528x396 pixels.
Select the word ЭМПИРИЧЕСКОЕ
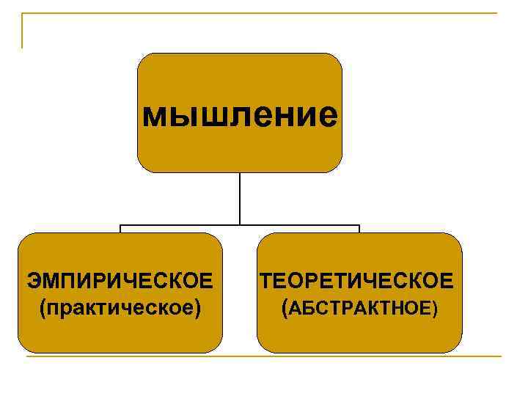(x=120, y=281)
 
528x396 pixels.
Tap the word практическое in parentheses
(x=120, y=307)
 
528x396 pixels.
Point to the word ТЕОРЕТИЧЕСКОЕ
(x=358, y=281)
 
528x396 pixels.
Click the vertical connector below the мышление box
(x=240, y=198)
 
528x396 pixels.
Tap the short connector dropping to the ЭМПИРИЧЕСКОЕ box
(x=120, y=229)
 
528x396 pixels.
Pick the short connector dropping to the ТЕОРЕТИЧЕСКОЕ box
(x=359, y=229)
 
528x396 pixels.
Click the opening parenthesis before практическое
(x=45, y=307)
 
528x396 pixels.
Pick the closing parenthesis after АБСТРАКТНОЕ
(x=435, y=309)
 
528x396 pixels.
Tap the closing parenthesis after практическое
(x=197, y=307)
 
